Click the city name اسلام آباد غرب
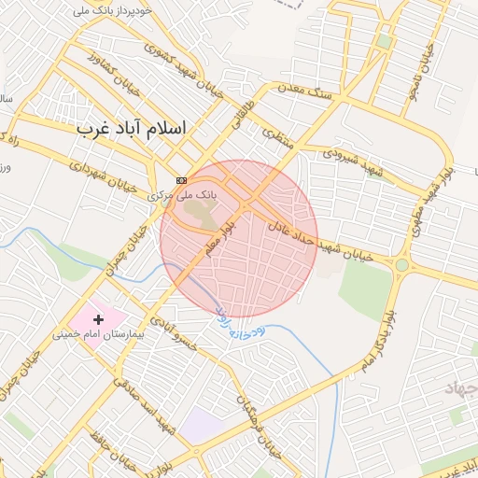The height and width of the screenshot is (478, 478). point(132,128)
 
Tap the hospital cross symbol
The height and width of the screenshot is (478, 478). point(99,319)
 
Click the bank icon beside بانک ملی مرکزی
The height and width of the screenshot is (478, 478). point(181,179)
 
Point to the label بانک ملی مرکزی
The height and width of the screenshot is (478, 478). point(182,195)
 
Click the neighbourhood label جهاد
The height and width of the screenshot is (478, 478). point(460,388)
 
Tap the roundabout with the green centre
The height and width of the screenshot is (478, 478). point(401,265)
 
